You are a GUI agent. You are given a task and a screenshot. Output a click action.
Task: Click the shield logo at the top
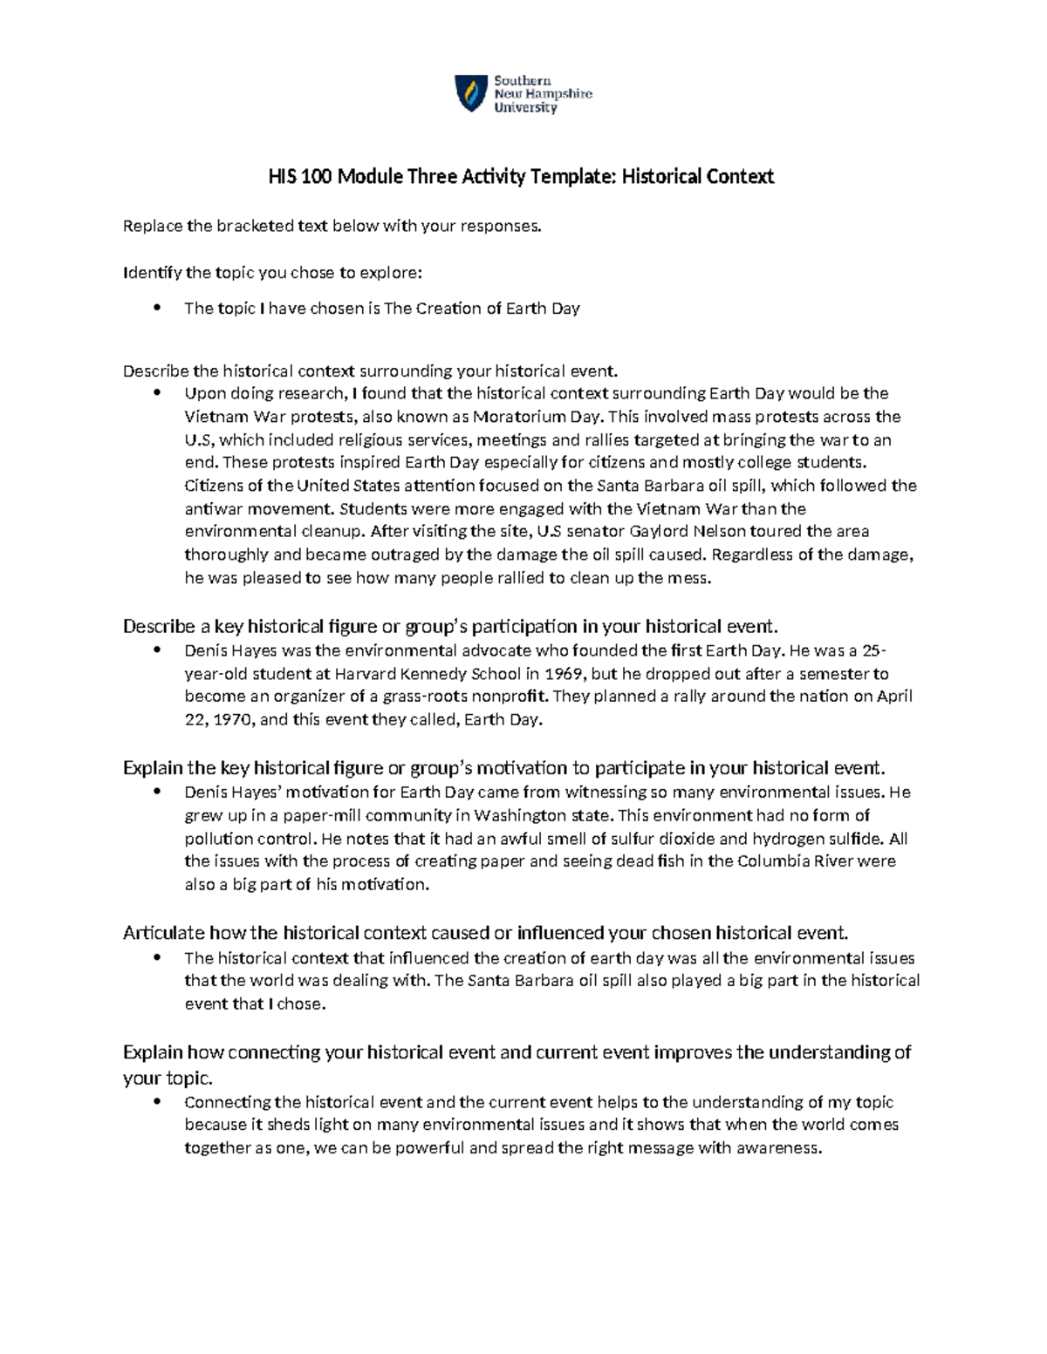[x=471, y=93]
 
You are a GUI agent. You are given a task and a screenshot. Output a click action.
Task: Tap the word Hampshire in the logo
[x=559, y=94]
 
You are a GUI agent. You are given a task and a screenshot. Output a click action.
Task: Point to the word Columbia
[x=773, y=861]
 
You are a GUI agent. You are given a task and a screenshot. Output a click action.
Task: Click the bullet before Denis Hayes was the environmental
[x=158, y=650]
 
